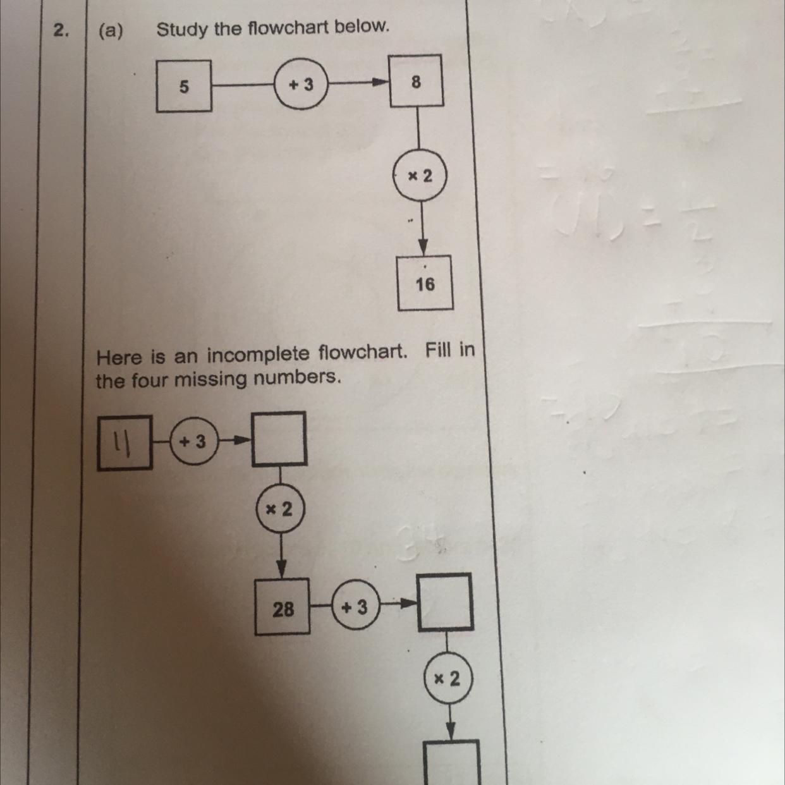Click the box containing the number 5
click(x=184, y=86)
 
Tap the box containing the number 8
click(x=416, y=81)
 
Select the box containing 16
click(x=425, y=283)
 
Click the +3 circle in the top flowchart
click(x=301, y=84)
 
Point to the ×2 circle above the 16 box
click(x=420, y=175)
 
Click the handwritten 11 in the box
click(x=124, y=444)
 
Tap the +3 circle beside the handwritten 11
click(x=193, y=441)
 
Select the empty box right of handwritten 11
click(x=279, y=439)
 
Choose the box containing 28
click(x=283, y=607)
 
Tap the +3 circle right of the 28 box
click(x=355, y=607)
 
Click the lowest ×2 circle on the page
click(x=447, y=679)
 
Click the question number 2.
click(x=61, y=30)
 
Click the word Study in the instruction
click(x=182, y=29)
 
